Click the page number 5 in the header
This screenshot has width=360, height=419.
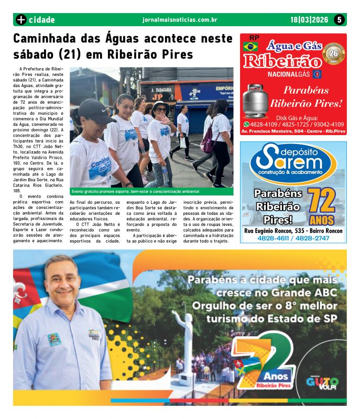(x=339, y=20)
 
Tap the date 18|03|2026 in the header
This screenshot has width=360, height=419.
(x=309, y=20)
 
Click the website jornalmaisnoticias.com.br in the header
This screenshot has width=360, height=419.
(x=180, y=20)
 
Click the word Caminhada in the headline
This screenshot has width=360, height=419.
(x=47, y=39)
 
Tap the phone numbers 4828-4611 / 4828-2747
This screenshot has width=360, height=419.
(x=293, y=238)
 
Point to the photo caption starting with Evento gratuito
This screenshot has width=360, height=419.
(x=136, y=192)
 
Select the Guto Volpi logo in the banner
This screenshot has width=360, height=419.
(x=321, y=383)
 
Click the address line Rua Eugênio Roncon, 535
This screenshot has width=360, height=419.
(x=293, y=231)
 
